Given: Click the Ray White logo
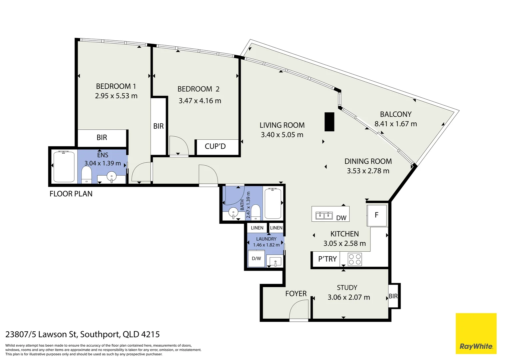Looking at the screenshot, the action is pos(476,333).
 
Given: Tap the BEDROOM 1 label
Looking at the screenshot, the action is pos(116,86).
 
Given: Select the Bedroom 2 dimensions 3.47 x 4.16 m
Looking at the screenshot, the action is pos(200,101).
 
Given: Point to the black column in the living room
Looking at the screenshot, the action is pos(329,122).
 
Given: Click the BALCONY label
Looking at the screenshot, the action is pos(396,114).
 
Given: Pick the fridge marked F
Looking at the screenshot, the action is pos(377,215).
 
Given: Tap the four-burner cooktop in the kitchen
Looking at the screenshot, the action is pos(355,259).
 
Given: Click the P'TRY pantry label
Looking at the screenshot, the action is pos(327,259).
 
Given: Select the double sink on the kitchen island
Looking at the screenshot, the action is pos(324,215).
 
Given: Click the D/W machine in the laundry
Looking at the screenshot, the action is pos(256,259).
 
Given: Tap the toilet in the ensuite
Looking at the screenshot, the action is pos(86,174).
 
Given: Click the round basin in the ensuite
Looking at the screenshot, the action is pos(111,176).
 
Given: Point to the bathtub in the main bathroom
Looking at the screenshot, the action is pos(273,203).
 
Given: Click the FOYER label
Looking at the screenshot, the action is pos(296,294).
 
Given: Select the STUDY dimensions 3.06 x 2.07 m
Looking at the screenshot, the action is pos(349,297).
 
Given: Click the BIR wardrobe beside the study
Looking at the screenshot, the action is pos(393,296).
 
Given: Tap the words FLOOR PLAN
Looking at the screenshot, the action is pos(71,194).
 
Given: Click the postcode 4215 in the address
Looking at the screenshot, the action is pos(151,334).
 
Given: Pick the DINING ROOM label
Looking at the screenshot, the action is pos(368,161).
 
